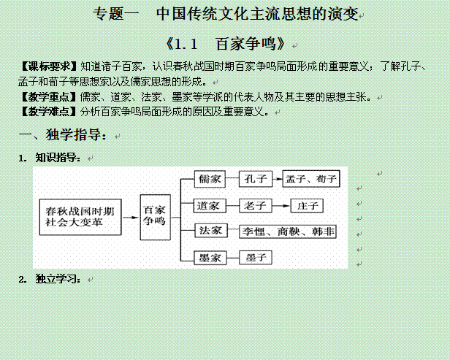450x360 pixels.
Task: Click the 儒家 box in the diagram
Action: (x=210, y=179)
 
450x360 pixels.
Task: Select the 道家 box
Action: (x=210, y=205)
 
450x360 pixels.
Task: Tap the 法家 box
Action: (x=211, y=230)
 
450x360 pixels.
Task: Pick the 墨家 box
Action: (x=210, y=258)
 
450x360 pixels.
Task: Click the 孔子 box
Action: (x=256, y=179)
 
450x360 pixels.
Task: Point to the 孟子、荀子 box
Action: (x=311, y=179)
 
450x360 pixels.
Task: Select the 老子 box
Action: (x=256, y=205)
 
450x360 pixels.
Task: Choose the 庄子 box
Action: (x=307, y=205)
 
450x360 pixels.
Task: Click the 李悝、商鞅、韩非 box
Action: (x=288, y=231)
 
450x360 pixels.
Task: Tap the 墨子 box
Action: (x=256, y=257)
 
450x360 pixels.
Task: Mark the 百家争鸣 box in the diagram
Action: (x=156, y=217)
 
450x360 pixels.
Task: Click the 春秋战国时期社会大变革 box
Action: (x=80, y=217)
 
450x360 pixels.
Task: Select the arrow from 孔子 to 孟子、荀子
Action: (x=278, y=179)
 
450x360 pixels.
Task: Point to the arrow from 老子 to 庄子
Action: (x=281, y=206)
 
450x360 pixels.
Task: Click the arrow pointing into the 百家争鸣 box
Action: (x=131, y=217)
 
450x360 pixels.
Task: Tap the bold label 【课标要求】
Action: (x=49, y=66)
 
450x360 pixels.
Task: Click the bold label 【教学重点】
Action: (x=49, y=96)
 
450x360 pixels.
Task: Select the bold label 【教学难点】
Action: (x=49, y=111)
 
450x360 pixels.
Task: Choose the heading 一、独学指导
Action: (x=62, y=134)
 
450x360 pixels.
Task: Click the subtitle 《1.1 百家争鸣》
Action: (x=226, y=44)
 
